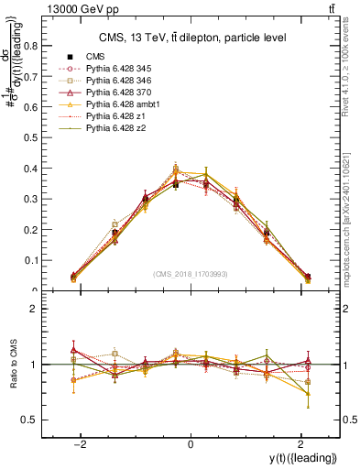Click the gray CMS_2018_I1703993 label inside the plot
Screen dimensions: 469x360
[x=190, y=274]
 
